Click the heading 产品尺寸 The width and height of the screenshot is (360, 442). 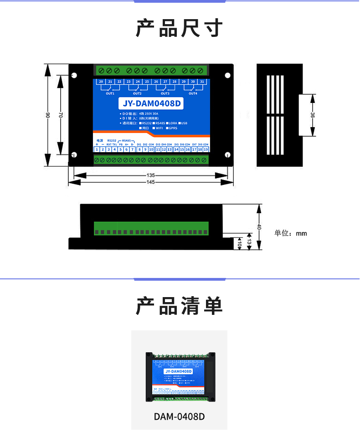pos(179,28)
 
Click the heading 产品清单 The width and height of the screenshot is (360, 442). pos(179,306)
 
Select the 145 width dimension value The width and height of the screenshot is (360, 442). pos(151,182)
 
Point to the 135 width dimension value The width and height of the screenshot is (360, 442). pos(151,175)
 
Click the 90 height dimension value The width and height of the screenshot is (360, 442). pos(48,115)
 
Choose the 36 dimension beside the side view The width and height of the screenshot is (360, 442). pos(313,115)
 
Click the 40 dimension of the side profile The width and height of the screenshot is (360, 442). pos(259,226)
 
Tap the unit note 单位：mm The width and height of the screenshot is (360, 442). pos(291,233)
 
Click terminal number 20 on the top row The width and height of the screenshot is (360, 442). pos(100,82)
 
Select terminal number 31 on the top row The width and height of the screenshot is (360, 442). pos(202,82)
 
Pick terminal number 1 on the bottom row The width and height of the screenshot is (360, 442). pos(97,149)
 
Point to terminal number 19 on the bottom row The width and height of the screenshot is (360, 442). pos(206,149)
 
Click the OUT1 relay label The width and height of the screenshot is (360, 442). pos(110,93)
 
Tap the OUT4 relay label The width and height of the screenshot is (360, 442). pos(193,93)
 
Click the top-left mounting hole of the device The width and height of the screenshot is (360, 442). pos(74,76)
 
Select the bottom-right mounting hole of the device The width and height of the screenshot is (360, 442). pos(226,154)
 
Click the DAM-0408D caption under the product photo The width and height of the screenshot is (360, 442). pos(179,416)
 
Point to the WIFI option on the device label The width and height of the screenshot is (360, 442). pos(158,128)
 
